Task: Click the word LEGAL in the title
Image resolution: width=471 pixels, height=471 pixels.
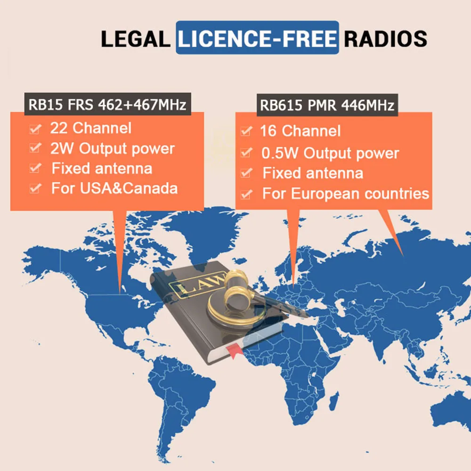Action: point(135,39)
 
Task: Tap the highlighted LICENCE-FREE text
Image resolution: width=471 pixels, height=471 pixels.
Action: point(257,39)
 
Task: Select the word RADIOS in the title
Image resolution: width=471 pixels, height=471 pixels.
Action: point(385,39)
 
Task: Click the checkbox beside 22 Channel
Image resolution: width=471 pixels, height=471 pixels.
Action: point(34,129)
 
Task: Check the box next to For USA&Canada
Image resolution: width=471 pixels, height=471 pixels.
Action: point(34,189)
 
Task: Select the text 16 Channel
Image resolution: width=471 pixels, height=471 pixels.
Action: point(300,131)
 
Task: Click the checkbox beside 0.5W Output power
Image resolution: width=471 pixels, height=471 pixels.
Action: point(245,153)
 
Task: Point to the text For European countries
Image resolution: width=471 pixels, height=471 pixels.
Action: point(345,193)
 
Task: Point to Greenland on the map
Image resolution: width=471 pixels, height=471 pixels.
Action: point(198,231)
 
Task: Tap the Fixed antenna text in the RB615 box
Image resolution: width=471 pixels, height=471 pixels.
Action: point(313,173)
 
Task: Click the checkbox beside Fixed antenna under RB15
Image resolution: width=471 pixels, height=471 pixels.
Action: point(34,169)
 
